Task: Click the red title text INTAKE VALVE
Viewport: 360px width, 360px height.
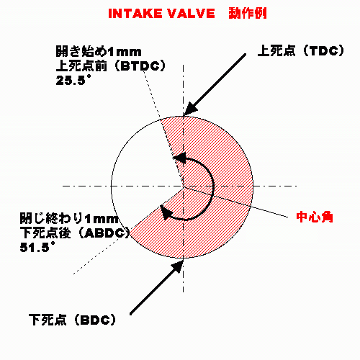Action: pos(161,14)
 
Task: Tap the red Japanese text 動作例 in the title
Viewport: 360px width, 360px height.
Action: pos(248,13)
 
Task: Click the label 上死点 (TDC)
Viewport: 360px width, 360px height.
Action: pos(301,51)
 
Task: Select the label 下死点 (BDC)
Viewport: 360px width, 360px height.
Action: pos(72,320)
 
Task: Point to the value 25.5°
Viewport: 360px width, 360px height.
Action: pos(73,80)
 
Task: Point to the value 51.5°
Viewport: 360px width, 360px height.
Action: pos(37,247)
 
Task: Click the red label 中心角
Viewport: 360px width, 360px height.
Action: pos(315,217)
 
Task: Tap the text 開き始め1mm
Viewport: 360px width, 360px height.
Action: pos(99,51)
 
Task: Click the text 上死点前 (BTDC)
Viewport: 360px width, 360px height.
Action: pos(111,66)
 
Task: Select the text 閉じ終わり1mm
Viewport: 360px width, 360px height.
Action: pos(69,218)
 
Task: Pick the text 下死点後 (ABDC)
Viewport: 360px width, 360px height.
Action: pos(75,233)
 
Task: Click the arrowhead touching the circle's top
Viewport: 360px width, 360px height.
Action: pos(190,109)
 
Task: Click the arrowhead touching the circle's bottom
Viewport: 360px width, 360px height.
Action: pos(177,266)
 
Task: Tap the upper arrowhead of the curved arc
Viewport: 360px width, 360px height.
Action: pos(179,158)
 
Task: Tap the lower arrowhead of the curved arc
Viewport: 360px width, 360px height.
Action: pos(166,212)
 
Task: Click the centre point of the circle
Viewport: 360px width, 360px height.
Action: pos(184,186)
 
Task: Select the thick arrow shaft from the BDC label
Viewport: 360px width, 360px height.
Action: pos(153,290)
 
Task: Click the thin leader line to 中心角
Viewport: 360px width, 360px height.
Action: pos(235,202)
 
